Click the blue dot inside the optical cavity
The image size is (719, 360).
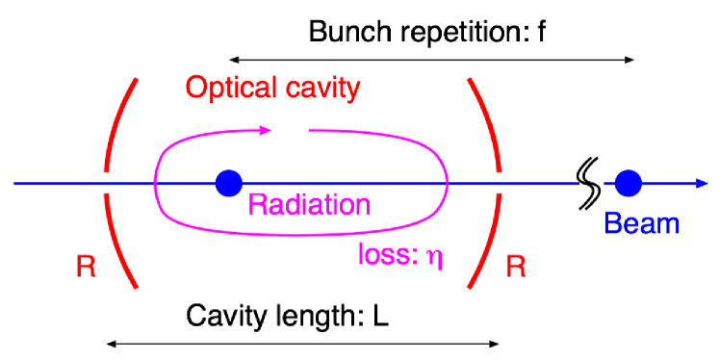click(x=228, y=181)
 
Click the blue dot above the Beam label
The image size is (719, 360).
click(x=629, y=181)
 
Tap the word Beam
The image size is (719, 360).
click(x=642, y=224)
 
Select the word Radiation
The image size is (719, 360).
click(x=309, y=204)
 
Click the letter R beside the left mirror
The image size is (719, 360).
click(x=86, y=267)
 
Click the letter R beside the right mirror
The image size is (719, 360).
click(x=516, y=267)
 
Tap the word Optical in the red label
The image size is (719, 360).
click(x=227, y=89)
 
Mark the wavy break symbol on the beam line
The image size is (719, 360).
click(x=587, y=177)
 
